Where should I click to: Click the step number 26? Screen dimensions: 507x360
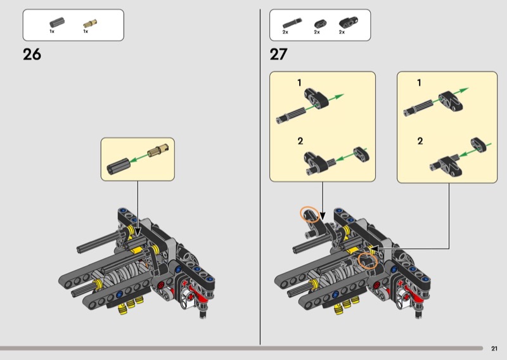click(32, 55)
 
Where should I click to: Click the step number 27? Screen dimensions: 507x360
click(278, 54)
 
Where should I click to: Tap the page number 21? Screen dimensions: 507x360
click(494, 349)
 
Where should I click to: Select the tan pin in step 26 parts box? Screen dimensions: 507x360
click(90, 23)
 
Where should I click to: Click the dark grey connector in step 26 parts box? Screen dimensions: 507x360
click(57, 22)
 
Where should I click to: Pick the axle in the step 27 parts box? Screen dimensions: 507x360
click(292, 23)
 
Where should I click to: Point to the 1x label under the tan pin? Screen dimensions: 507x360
click(86, 32)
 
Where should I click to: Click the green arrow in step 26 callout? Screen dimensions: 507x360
click(139, 158)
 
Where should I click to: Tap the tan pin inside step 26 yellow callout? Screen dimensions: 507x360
click(158, 150)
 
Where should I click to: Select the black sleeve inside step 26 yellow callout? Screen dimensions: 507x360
click(119, 166)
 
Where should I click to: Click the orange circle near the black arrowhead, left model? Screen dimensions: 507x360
click(310, 214)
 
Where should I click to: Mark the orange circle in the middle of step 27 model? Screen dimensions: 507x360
click(368, 260)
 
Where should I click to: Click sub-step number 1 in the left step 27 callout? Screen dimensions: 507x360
click(299, 83)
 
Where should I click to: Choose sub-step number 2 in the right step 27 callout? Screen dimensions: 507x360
click(420, 141)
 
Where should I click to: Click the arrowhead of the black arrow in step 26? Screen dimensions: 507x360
click(138, 232)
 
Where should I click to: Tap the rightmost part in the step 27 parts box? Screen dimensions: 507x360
click(349, 22)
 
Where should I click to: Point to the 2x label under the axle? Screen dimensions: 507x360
click(285, 32)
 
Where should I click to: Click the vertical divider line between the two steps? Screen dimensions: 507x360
click(260, 177)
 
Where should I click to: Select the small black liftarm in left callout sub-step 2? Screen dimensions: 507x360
click(361, 154)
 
